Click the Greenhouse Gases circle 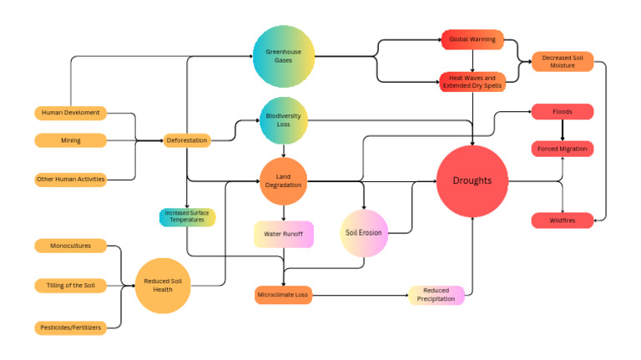[x=284, y=57]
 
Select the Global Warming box [x=473, y=39]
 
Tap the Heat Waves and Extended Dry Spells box [x=473, y=81]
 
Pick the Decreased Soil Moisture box [x=563, y=61]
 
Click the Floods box [x=563, y=112]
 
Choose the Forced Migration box [x=563, y=149]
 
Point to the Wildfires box [x=563, y=221]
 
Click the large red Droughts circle [x=472, y=181]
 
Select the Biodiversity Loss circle [x=284, y=120]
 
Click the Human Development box [x=71, y=113]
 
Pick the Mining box [x=71, y=140]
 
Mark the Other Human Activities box [x=71, y=180]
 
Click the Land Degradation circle [x=284, y=180]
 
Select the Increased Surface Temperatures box [x=187, y=217]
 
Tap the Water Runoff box [x=284, y=235]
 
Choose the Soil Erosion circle [x=364, y=232]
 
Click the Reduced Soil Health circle [x=164, y=286]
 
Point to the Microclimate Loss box [x=284, y=294]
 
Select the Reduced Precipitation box [x=437, y=295]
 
